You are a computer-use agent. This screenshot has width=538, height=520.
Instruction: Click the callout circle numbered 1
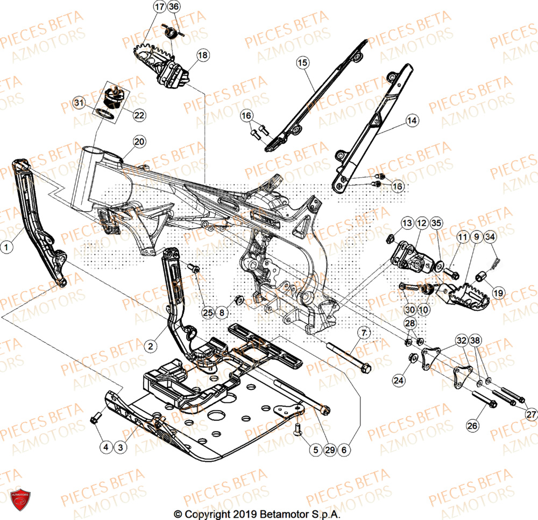click(x=6, y=247)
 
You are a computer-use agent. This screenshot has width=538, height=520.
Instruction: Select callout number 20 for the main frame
click(x=139, y=142)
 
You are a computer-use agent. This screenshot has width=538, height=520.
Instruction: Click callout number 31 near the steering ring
click(x=79, y=102)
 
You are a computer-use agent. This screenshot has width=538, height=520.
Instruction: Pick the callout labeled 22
click(x=124, y=115)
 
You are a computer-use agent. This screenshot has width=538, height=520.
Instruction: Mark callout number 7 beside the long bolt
click(x=364, y=334)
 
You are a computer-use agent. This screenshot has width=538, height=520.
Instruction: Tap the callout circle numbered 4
click(x=105, y=446)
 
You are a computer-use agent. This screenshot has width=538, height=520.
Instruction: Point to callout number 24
click(x=398, y=381)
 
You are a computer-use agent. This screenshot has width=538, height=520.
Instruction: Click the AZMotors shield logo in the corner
click(x=20, y=495)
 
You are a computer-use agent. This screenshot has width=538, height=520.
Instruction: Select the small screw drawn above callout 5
click(x=298, y=427)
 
